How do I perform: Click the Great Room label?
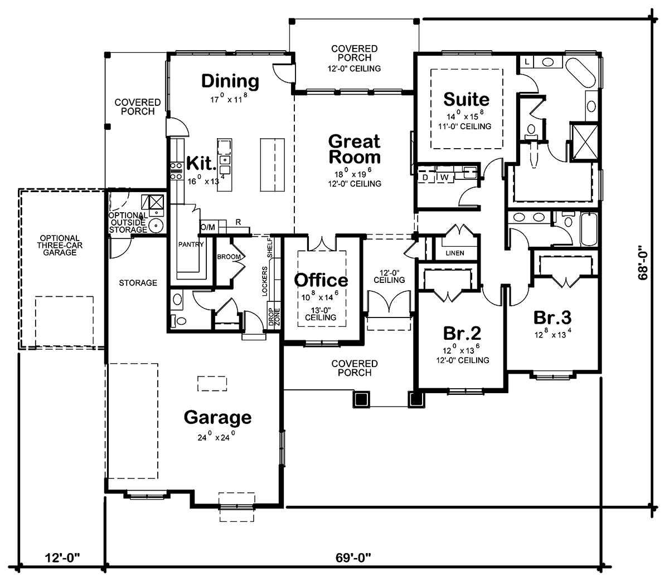[354, 149]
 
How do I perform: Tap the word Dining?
[230, 81]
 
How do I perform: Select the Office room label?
[321, 280]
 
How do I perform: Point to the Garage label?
[217, 417]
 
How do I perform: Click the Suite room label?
[466, 100]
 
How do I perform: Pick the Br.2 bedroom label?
[462, 333]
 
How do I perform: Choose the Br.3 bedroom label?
[552, 317]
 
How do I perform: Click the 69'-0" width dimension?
[353, 556]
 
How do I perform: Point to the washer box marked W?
[444, 177]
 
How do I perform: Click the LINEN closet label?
[455, 253]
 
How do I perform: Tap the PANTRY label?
[191, 244]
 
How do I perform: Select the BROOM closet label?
[229, 257]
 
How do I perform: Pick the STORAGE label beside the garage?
[138, 283]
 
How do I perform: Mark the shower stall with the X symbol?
[583, 140]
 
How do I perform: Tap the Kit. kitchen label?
[201, 164]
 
